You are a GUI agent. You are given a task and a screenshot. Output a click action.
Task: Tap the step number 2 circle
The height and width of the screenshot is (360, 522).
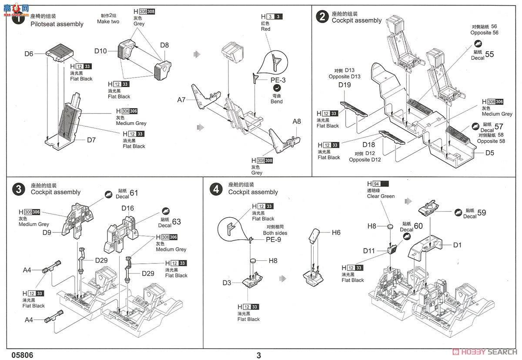tap(322, 17)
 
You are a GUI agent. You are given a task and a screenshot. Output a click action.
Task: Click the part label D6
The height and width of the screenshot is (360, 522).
tap(29, 54)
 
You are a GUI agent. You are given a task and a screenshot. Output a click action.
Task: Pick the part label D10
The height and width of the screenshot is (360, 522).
tap(100, 51)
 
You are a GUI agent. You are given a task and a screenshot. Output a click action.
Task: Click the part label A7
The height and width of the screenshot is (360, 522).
tap(181, 100)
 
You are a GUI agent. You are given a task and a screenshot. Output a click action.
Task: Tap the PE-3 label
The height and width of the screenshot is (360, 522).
tap(278, 80)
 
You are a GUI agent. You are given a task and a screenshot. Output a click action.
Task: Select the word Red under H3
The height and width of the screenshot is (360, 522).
tap(266, 29)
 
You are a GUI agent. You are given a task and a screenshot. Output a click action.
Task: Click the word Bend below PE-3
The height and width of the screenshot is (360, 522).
tap(277, 101)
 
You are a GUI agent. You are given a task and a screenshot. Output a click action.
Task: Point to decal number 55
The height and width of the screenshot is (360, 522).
tap(489, 54)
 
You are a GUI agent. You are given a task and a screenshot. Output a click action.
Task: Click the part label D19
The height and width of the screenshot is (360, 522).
tap(345, 85)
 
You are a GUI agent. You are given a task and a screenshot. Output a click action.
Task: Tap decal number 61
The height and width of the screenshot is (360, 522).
tap(134, 193)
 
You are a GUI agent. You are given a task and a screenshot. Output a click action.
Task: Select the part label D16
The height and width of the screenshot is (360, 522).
tap(127, 209)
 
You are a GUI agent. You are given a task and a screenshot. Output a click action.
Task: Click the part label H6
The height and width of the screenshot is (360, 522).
tap(336, 233)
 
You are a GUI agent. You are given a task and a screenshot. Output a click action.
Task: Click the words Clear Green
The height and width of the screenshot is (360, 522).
tap(381, 196)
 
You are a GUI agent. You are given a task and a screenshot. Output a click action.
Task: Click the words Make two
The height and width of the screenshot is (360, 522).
tap(108, 21)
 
